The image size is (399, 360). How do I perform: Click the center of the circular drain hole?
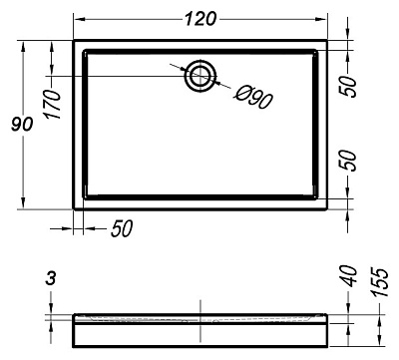(x=201, y=75)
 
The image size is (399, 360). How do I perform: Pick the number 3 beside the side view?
(x=50, y=282)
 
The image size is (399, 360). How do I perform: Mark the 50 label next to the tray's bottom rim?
(x=348, y=160)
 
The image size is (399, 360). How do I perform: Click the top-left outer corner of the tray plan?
(x=75, y=41)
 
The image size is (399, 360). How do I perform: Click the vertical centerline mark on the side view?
(x=201, y=313)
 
